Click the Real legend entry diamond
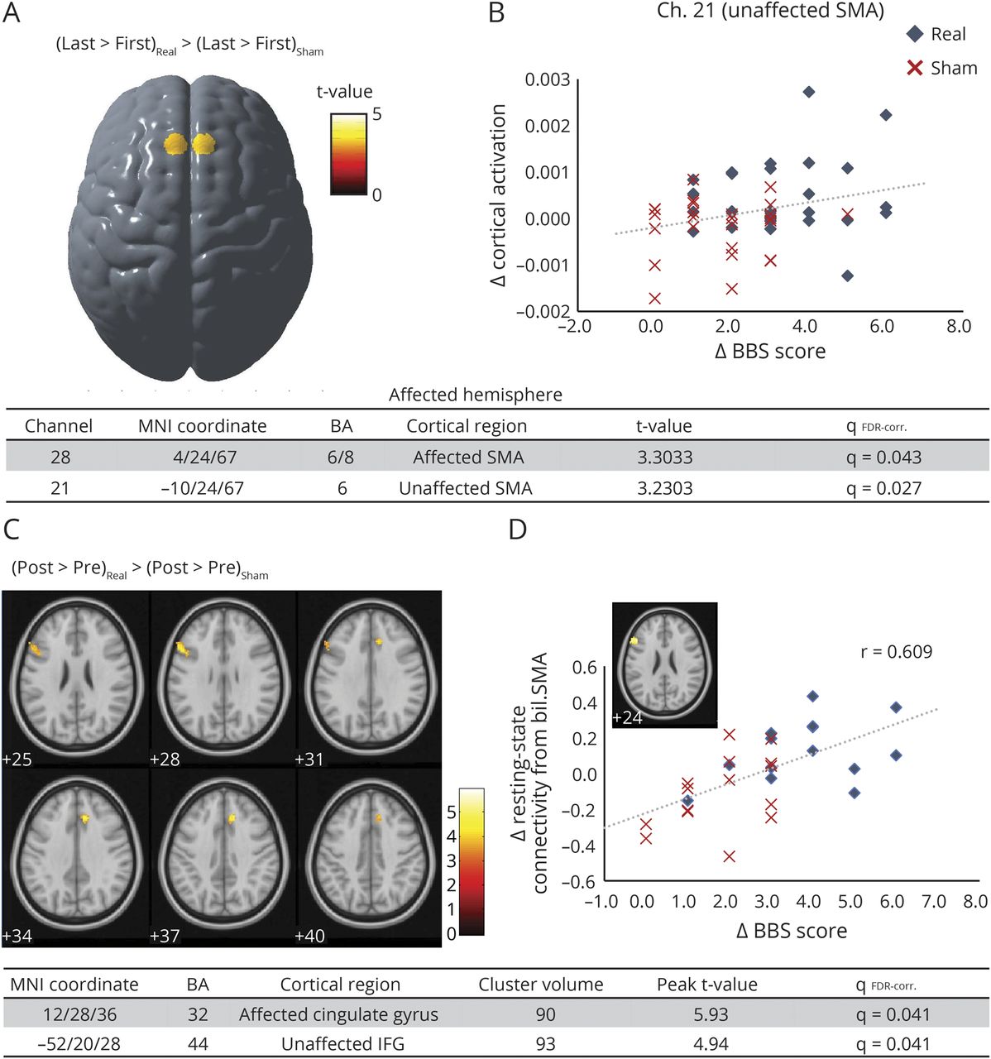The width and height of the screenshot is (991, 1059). pyautogui.click(x=915, y=34)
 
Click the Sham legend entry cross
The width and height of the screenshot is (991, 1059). pyautogui.click(x=915, y=68)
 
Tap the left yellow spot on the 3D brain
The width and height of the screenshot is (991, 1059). pyautogui.click(x=176, y=145)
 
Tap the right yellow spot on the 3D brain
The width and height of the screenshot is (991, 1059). pyautogui.click(x=203, y=145)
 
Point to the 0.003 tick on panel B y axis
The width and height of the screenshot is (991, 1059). pyautogui.click(x=548, y=79)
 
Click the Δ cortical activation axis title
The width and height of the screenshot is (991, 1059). pyautogui.click(x=498, y=195)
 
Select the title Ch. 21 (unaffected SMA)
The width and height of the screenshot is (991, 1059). pyautogui.click(x=770, y=11)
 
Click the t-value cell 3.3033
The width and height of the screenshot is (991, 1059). pyautogui.click(x=664, y=458)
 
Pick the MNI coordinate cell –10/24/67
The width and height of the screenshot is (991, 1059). pyautogui.click(x=203, y=488)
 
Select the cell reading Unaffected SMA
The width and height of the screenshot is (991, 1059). pyautogui.click(x=466, y=488)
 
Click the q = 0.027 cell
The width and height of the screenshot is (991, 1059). pyautogui.click(x=883, y=488)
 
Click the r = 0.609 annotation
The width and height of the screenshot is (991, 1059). pyautogui.click(x=896, y=652)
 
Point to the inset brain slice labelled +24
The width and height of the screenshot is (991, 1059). pyautogui.click(x=664, y=664)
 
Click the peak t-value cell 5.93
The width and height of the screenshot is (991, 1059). pyautogui.click(x=711, y=1014)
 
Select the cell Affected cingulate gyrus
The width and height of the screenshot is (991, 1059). pyautogui.click(x=339, y=1014)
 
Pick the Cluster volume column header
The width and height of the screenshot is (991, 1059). pyautogui.click(x=541, y=985)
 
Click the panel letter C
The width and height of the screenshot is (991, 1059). pyautogui.click(x=12, y=529)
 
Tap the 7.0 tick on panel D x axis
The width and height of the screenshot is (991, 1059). pyautogui.click(x=934, y=901)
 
